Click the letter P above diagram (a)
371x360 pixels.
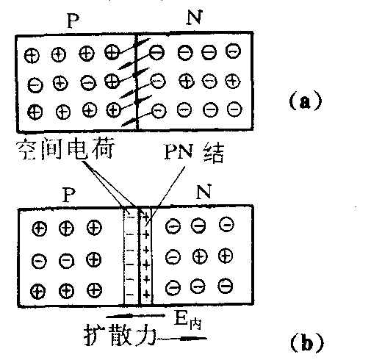[x=73, y=21]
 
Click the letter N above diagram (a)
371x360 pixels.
[x=195, y=18]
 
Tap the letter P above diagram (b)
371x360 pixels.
[x=69, y=195]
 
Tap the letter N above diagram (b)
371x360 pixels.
[x=203, y=192]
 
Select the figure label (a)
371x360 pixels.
[x=305, y=101]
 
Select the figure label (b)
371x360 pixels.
[x=307, y=342]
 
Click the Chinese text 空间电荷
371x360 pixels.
[x=65, y=148]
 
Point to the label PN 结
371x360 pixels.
[x=194, y=152]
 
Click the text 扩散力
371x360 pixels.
[x=120, y=335]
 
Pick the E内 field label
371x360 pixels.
[x=188, y=320]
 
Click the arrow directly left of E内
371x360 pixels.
[x=135, y=316]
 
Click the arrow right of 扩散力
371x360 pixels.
[x=181, y=339]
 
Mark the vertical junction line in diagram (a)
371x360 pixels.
[x=137, y=82]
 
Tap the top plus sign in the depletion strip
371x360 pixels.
[x=146, y=217]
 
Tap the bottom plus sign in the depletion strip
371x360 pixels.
[x=146, y=293]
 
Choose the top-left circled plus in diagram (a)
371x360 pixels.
[x=32, y=56]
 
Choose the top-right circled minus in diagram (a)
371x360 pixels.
[x=233, y=51]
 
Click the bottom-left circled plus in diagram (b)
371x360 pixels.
[x=38, y=292]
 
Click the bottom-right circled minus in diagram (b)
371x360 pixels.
[x=226, y=286]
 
